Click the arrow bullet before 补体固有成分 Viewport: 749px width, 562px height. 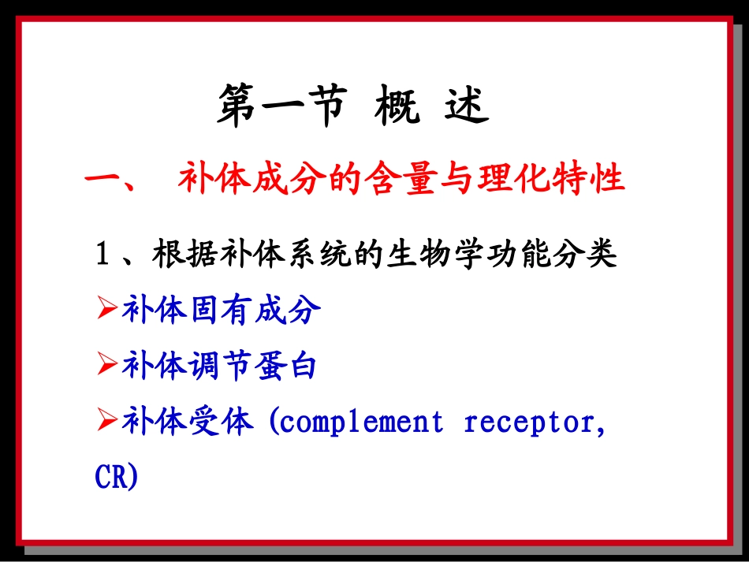click(x=107, y=311)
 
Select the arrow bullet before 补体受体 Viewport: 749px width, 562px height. click(x=107, y=422)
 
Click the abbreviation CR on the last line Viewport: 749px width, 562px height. click(x=112, y=478)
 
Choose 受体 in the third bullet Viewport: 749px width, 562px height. click(x=221, y=422)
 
